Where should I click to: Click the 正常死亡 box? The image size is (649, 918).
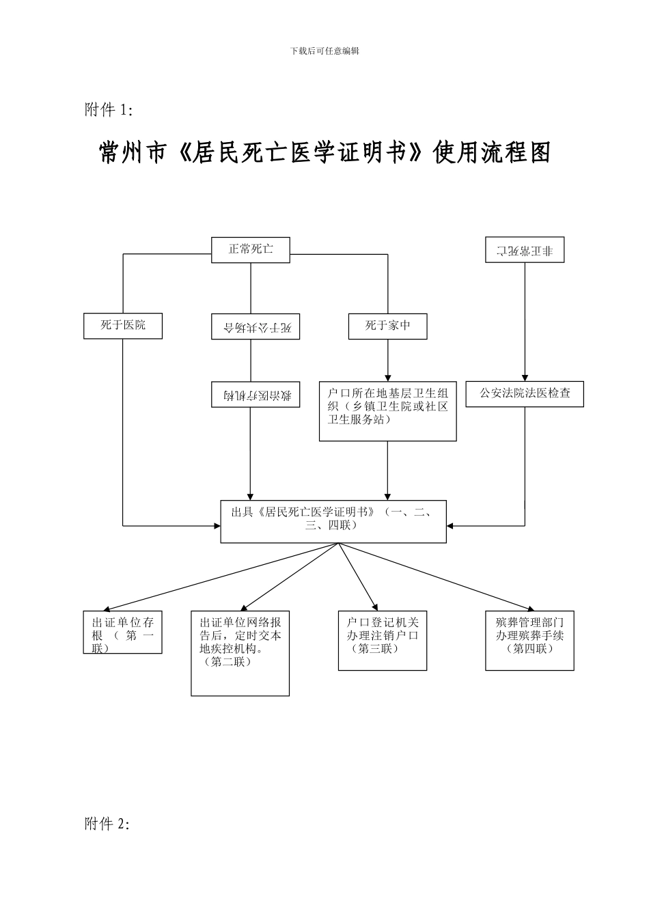coord(250,249)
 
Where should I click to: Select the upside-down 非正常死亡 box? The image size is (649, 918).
coord(525,250)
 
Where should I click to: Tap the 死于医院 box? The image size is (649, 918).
coord(123,325)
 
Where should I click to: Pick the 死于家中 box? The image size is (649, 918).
coord(388,326)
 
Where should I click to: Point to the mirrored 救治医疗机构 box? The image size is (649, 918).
coord(256,394)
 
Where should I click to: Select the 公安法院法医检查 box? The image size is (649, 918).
coord(525,393)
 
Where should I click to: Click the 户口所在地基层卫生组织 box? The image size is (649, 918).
coord(387,411)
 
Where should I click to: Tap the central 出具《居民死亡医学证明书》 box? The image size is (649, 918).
coord(333,521)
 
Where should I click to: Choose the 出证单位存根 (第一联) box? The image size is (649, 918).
coord(123,632)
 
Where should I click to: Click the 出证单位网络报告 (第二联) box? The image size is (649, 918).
coord(240,653)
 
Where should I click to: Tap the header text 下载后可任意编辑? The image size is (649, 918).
coord(324,51)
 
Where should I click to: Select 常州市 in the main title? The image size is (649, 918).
coord(133,153)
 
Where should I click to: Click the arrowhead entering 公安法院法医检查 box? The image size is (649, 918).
coord(525,376)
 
